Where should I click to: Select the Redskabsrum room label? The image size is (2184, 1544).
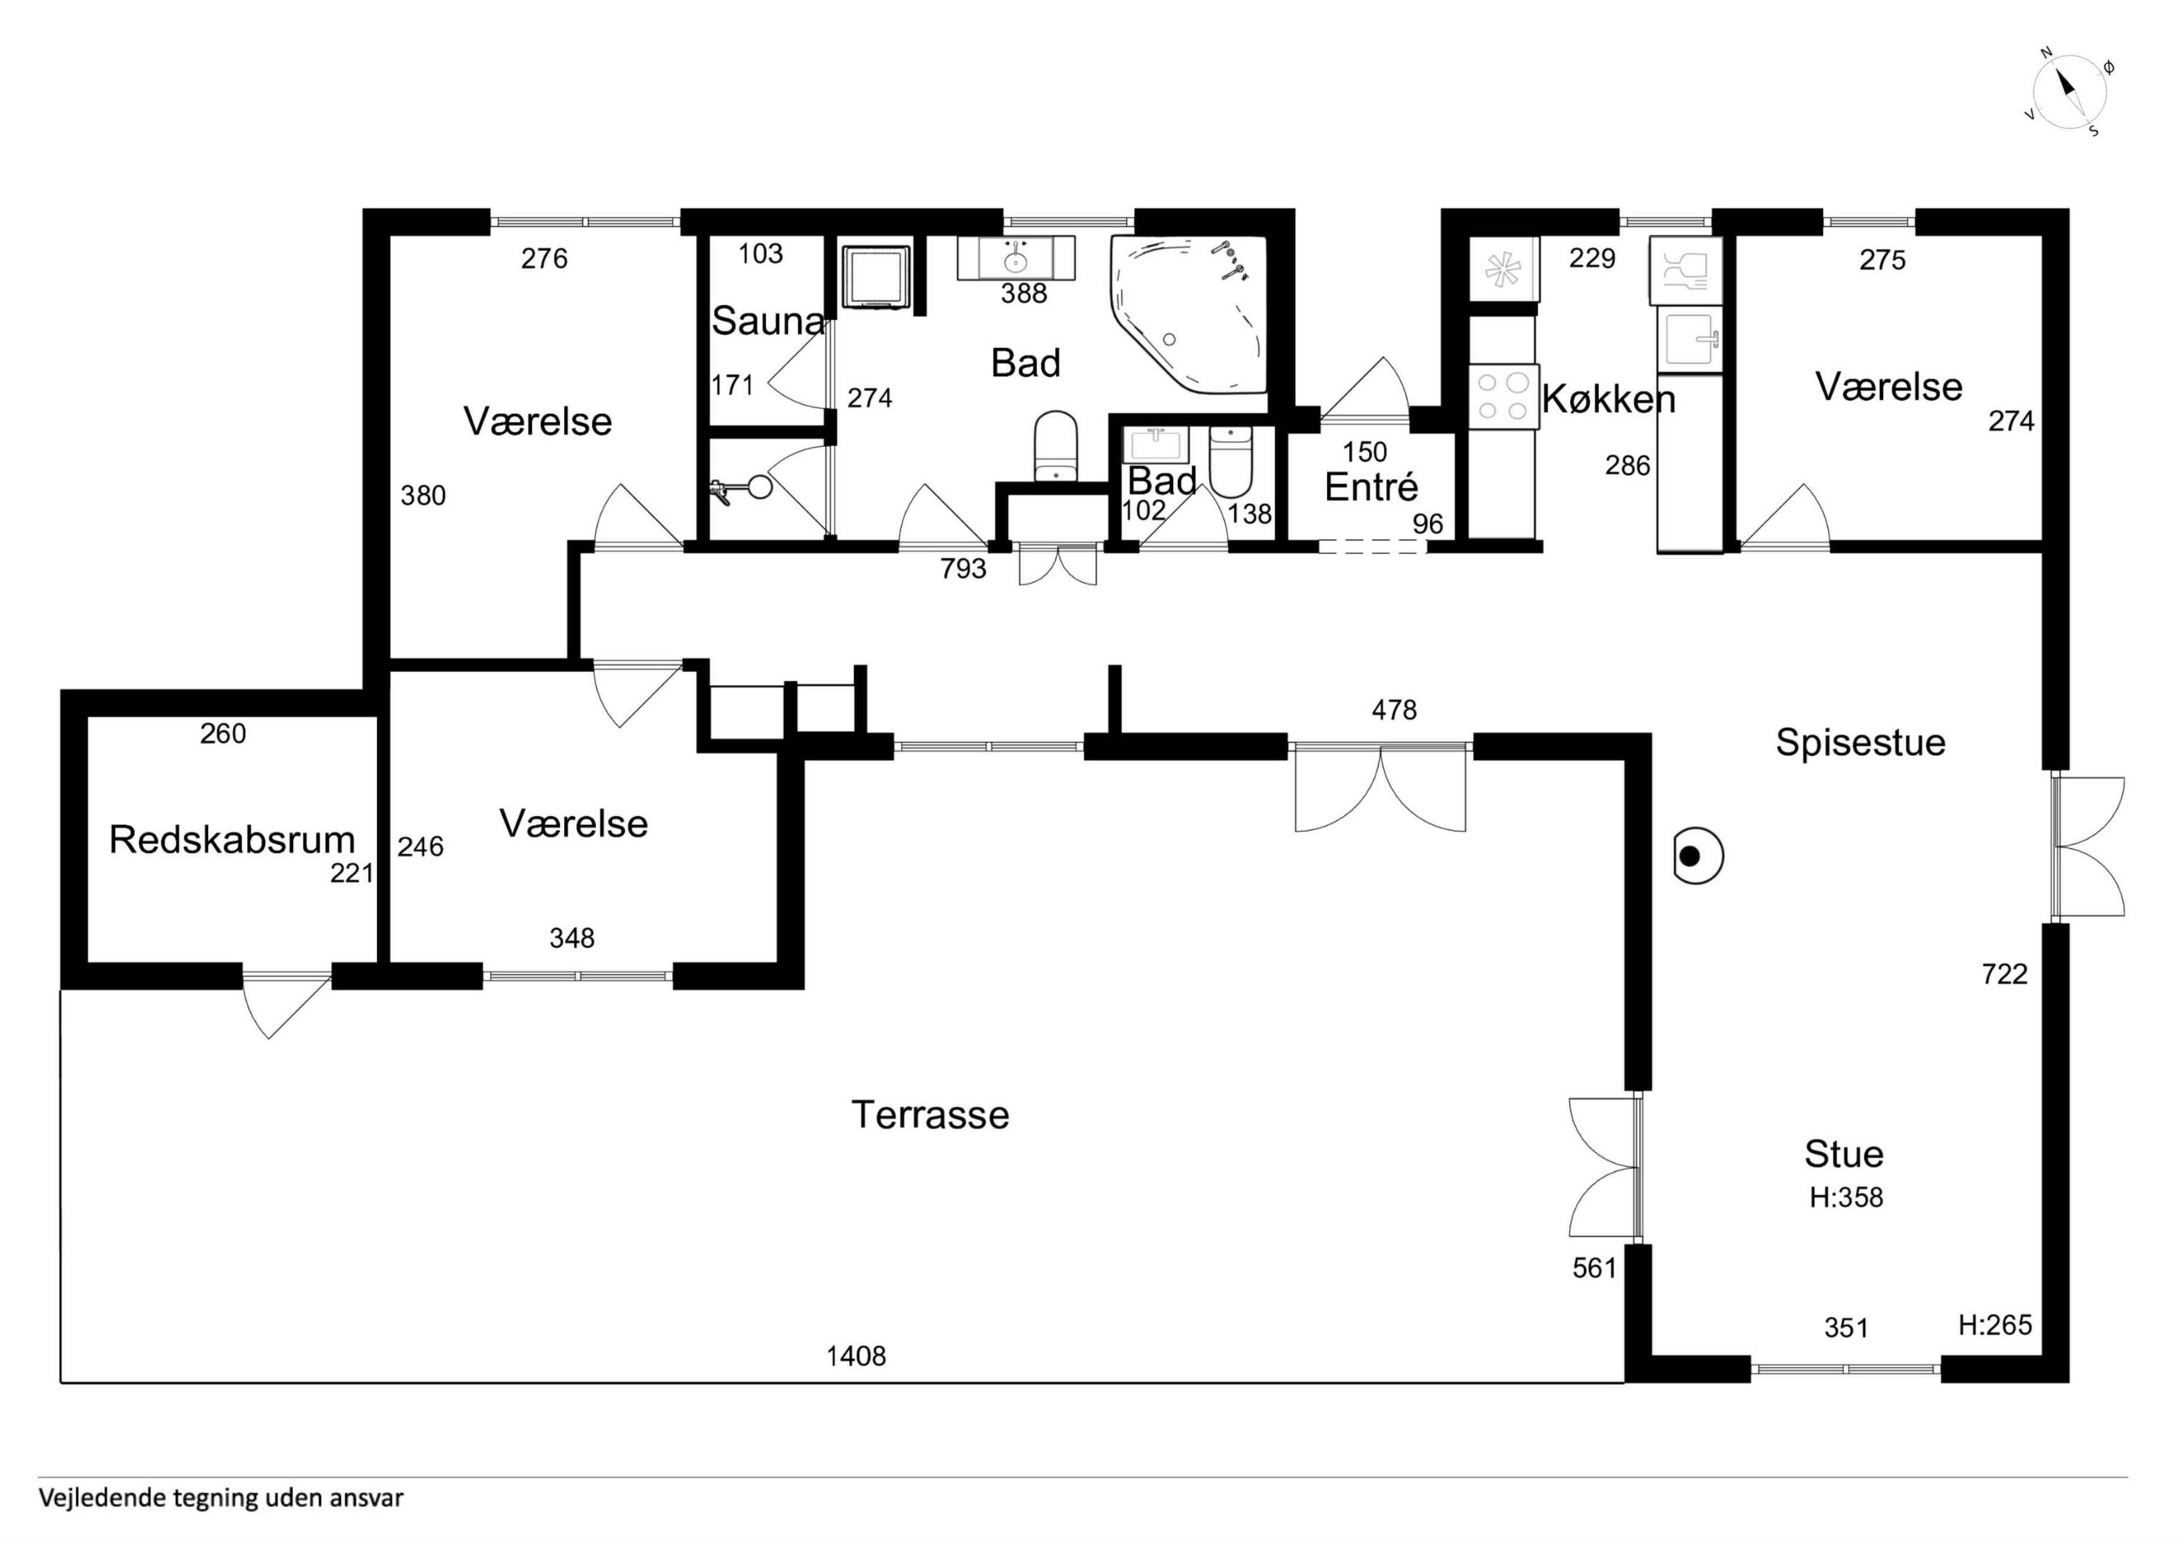pyautogui.click(x=232, y=839)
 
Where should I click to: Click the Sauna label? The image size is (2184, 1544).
pyautogui.click(x=768, y=321)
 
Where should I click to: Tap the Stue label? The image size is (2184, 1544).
pyautogui.click(x=1843, y=1153)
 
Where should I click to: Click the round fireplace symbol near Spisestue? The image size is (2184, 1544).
pyautogui.click(x=1698, y=856)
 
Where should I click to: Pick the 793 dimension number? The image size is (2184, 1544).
pyautogui.click(x=964, y=569)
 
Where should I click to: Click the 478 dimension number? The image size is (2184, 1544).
pyautogui.click(x=1394, y=709)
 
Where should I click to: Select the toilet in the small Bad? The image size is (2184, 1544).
pyautogui.click(x=1231, y=462)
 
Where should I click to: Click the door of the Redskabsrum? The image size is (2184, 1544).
pyautogui.click(x=286, y=1005)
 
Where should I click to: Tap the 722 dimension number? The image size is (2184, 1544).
pyautogui.click(x=2004, y=973)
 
